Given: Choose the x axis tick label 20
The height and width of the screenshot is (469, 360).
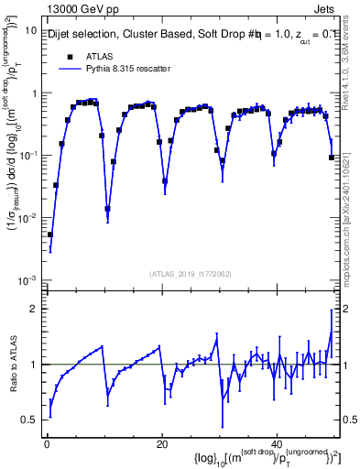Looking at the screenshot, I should (162, 444).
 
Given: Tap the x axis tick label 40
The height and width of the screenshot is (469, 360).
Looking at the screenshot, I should (278, 444).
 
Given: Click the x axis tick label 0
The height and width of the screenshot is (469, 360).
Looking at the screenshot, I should (47, 444).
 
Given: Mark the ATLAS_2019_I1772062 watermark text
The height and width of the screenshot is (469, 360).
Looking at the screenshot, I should (190, 274).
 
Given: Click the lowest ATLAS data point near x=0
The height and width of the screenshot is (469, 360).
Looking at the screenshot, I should (50, 234).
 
